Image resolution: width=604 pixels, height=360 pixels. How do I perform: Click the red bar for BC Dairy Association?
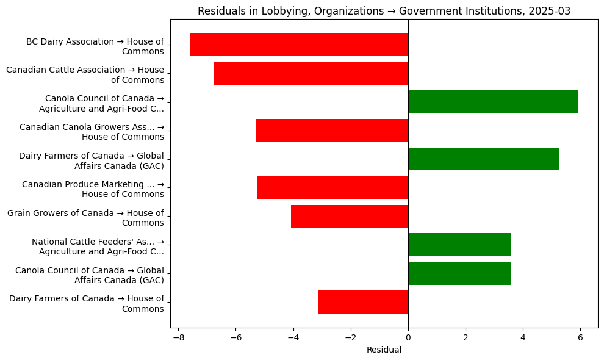click(299, 45)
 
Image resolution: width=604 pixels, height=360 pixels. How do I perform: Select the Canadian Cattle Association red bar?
click(311, 73)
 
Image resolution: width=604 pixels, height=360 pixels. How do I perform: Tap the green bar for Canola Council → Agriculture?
click(493, 102)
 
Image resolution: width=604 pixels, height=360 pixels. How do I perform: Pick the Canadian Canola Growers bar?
click(332, 131)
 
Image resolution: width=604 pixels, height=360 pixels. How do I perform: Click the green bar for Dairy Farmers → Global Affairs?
click(484, 159)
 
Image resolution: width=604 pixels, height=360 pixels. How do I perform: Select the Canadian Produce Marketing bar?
click(333, 188)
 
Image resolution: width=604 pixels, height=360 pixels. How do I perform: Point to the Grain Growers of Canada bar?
click(350, 216)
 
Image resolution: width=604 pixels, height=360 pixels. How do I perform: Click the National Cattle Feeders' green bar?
click(459, 245)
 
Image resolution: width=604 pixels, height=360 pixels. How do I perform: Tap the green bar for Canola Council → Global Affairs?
click(459, 273)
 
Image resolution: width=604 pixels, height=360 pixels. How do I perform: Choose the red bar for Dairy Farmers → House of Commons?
click(363, 302)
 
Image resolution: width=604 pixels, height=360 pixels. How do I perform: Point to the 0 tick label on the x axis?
click(408, 337)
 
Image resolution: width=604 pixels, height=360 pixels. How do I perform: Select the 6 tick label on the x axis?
click(580, 337)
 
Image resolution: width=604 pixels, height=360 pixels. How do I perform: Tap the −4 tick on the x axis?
click(293, 337)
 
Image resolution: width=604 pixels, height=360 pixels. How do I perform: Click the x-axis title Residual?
click(384, 350)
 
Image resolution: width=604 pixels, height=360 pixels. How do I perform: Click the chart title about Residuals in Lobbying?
click(384, 11)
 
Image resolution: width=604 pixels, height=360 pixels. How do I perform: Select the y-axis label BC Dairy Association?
click(95, 46)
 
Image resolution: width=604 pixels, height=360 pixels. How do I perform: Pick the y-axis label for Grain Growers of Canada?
click(85, 218)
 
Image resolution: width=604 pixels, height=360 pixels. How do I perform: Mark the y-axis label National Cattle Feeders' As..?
click(98, 247)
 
